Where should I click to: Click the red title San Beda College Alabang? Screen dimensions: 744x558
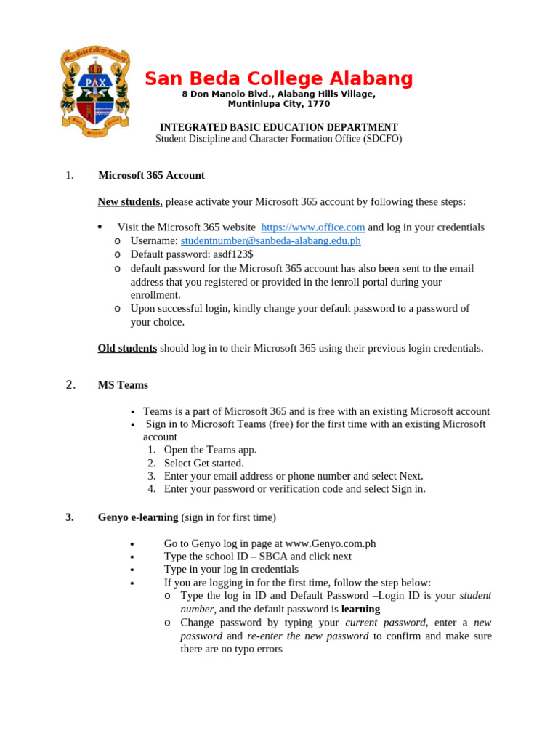click(x=279, y=78)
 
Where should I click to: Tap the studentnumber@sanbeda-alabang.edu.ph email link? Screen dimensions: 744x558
click(x=270, y=240)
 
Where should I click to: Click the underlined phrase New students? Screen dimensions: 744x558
click(x=129, y=201)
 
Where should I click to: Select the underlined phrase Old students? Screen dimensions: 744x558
click(x=127, y=348)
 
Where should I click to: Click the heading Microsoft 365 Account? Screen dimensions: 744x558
click(x=151, y=175)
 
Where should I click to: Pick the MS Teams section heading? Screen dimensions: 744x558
click(x=123, y=385)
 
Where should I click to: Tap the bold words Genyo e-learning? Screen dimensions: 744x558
click(x=138, y=517)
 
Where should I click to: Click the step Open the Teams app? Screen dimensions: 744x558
click(x=210, y=450)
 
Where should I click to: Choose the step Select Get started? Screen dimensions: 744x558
click(x=203, y=463)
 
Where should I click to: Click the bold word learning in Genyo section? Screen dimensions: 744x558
click(x=360, y=609)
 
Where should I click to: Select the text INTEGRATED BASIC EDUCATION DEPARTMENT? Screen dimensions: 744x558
click(x=279, y=126)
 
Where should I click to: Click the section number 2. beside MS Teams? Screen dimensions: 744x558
click(x=70, y=385)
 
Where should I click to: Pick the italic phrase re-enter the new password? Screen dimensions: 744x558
click(x=308, y=636)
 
